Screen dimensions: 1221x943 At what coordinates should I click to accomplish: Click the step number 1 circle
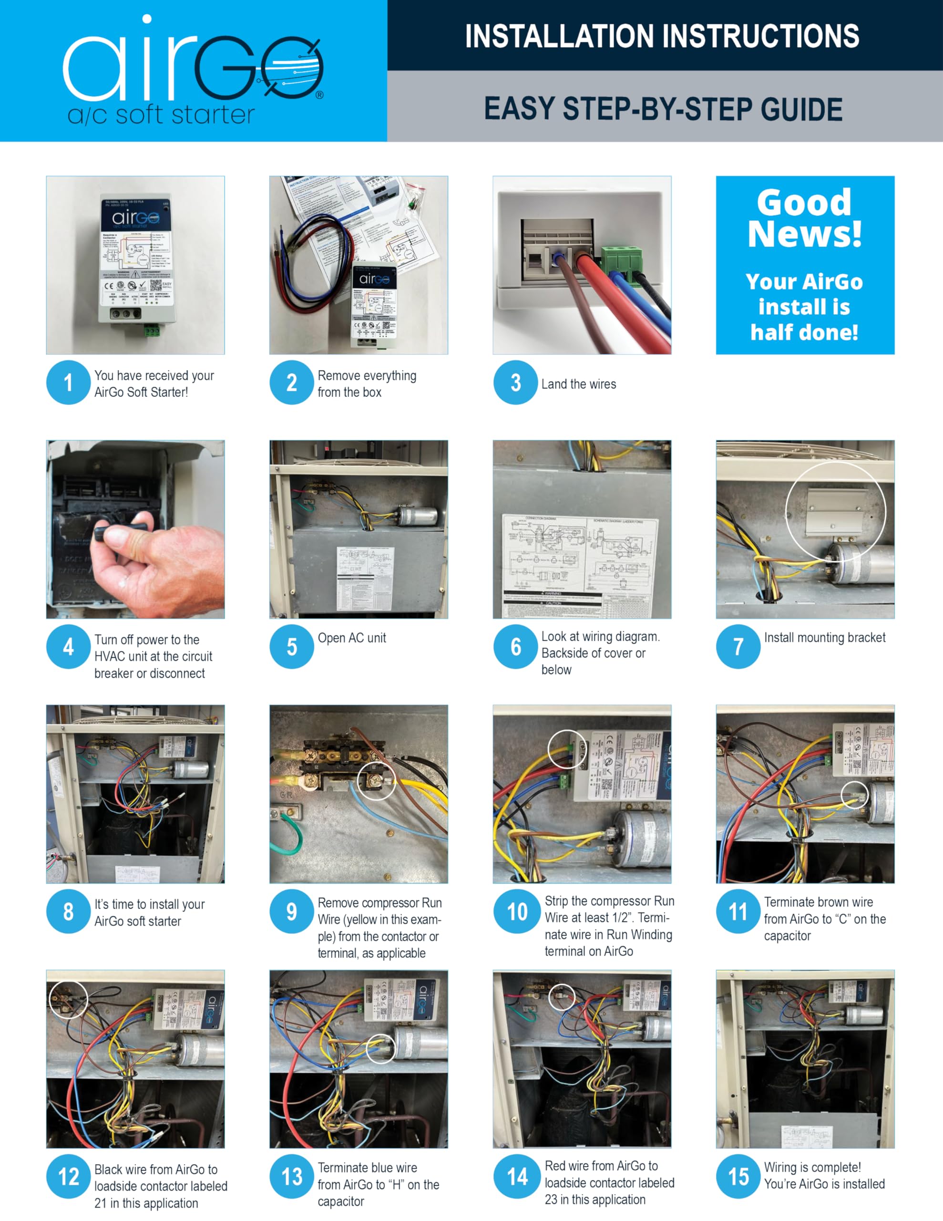(x=68, y=383)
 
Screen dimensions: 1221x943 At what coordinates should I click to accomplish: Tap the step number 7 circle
(x=738, y=647)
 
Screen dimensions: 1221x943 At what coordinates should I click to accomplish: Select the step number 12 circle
(x=68, y=1176)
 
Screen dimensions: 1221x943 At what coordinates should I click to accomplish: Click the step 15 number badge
(x=738, y=1176)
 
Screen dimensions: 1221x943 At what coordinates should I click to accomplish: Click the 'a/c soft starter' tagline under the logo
(x=161, y=114)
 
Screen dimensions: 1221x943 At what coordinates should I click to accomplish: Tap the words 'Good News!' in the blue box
(x=804, y=218)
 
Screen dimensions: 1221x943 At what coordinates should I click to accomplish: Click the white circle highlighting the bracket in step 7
(x=836, y=510)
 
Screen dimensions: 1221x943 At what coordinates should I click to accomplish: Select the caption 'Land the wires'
(x=579, y=384)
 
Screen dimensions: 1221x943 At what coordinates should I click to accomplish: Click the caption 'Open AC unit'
(x=351, y=638)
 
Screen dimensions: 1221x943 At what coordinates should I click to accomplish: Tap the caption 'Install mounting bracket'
(x=824, y=637)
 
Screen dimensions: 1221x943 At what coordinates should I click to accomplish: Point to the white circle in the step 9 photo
(x=376, y=780)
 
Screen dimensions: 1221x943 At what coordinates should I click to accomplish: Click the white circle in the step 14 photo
(x=561, y=997)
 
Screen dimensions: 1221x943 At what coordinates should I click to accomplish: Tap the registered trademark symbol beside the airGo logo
(x=320, y=95)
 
